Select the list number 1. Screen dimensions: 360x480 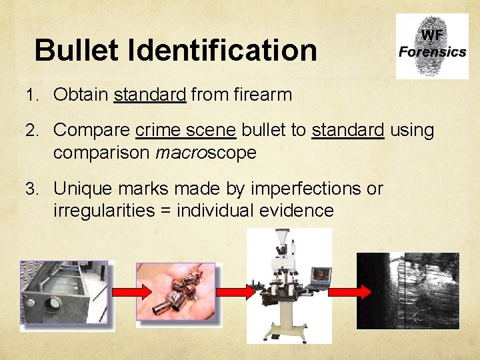31,95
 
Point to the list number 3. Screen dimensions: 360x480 31,189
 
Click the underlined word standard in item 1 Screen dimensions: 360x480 150,95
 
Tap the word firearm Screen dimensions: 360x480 263,95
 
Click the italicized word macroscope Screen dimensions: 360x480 206,153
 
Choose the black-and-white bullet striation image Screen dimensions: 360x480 408,291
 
